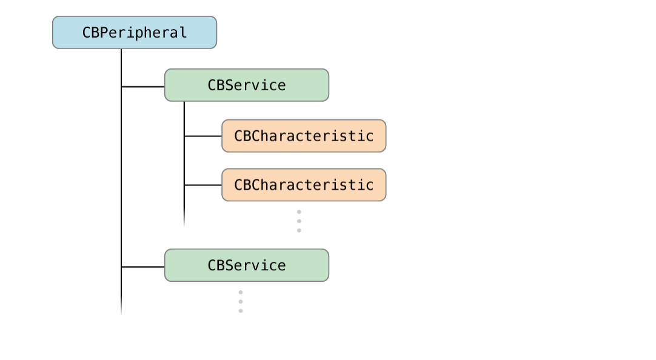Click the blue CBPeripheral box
[x=134, y=33]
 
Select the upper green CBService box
[x=246, y=85]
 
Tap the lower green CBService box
[x=246, y=265]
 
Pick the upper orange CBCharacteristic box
[x=303, y=136]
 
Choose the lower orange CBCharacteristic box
[x=303, y=185]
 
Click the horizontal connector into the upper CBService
[x=143, y=87]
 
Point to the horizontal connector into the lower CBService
[x=143, y=267]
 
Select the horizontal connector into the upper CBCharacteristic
[x=203, y=136]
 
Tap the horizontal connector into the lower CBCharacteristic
[x=203, y=185]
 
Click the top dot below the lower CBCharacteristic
[x=299, y=212]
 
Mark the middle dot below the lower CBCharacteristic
[x=299, y=221]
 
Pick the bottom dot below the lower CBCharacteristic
[x=299, y=230]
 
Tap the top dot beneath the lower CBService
[x=241, y=292]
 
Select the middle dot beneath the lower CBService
[x=241, y=301]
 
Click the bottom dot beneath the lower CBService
[x=241, y=311]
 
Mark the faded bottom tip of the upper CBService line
[x=184, y=223]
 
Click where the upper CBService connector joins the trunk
[x=121, y=87]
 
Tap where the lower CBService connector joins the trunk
[x=121, y=267]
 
